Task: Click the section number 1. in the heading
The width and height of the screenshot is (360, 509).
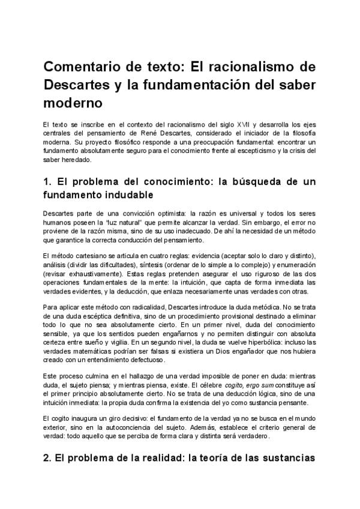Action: coord(48,182)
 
